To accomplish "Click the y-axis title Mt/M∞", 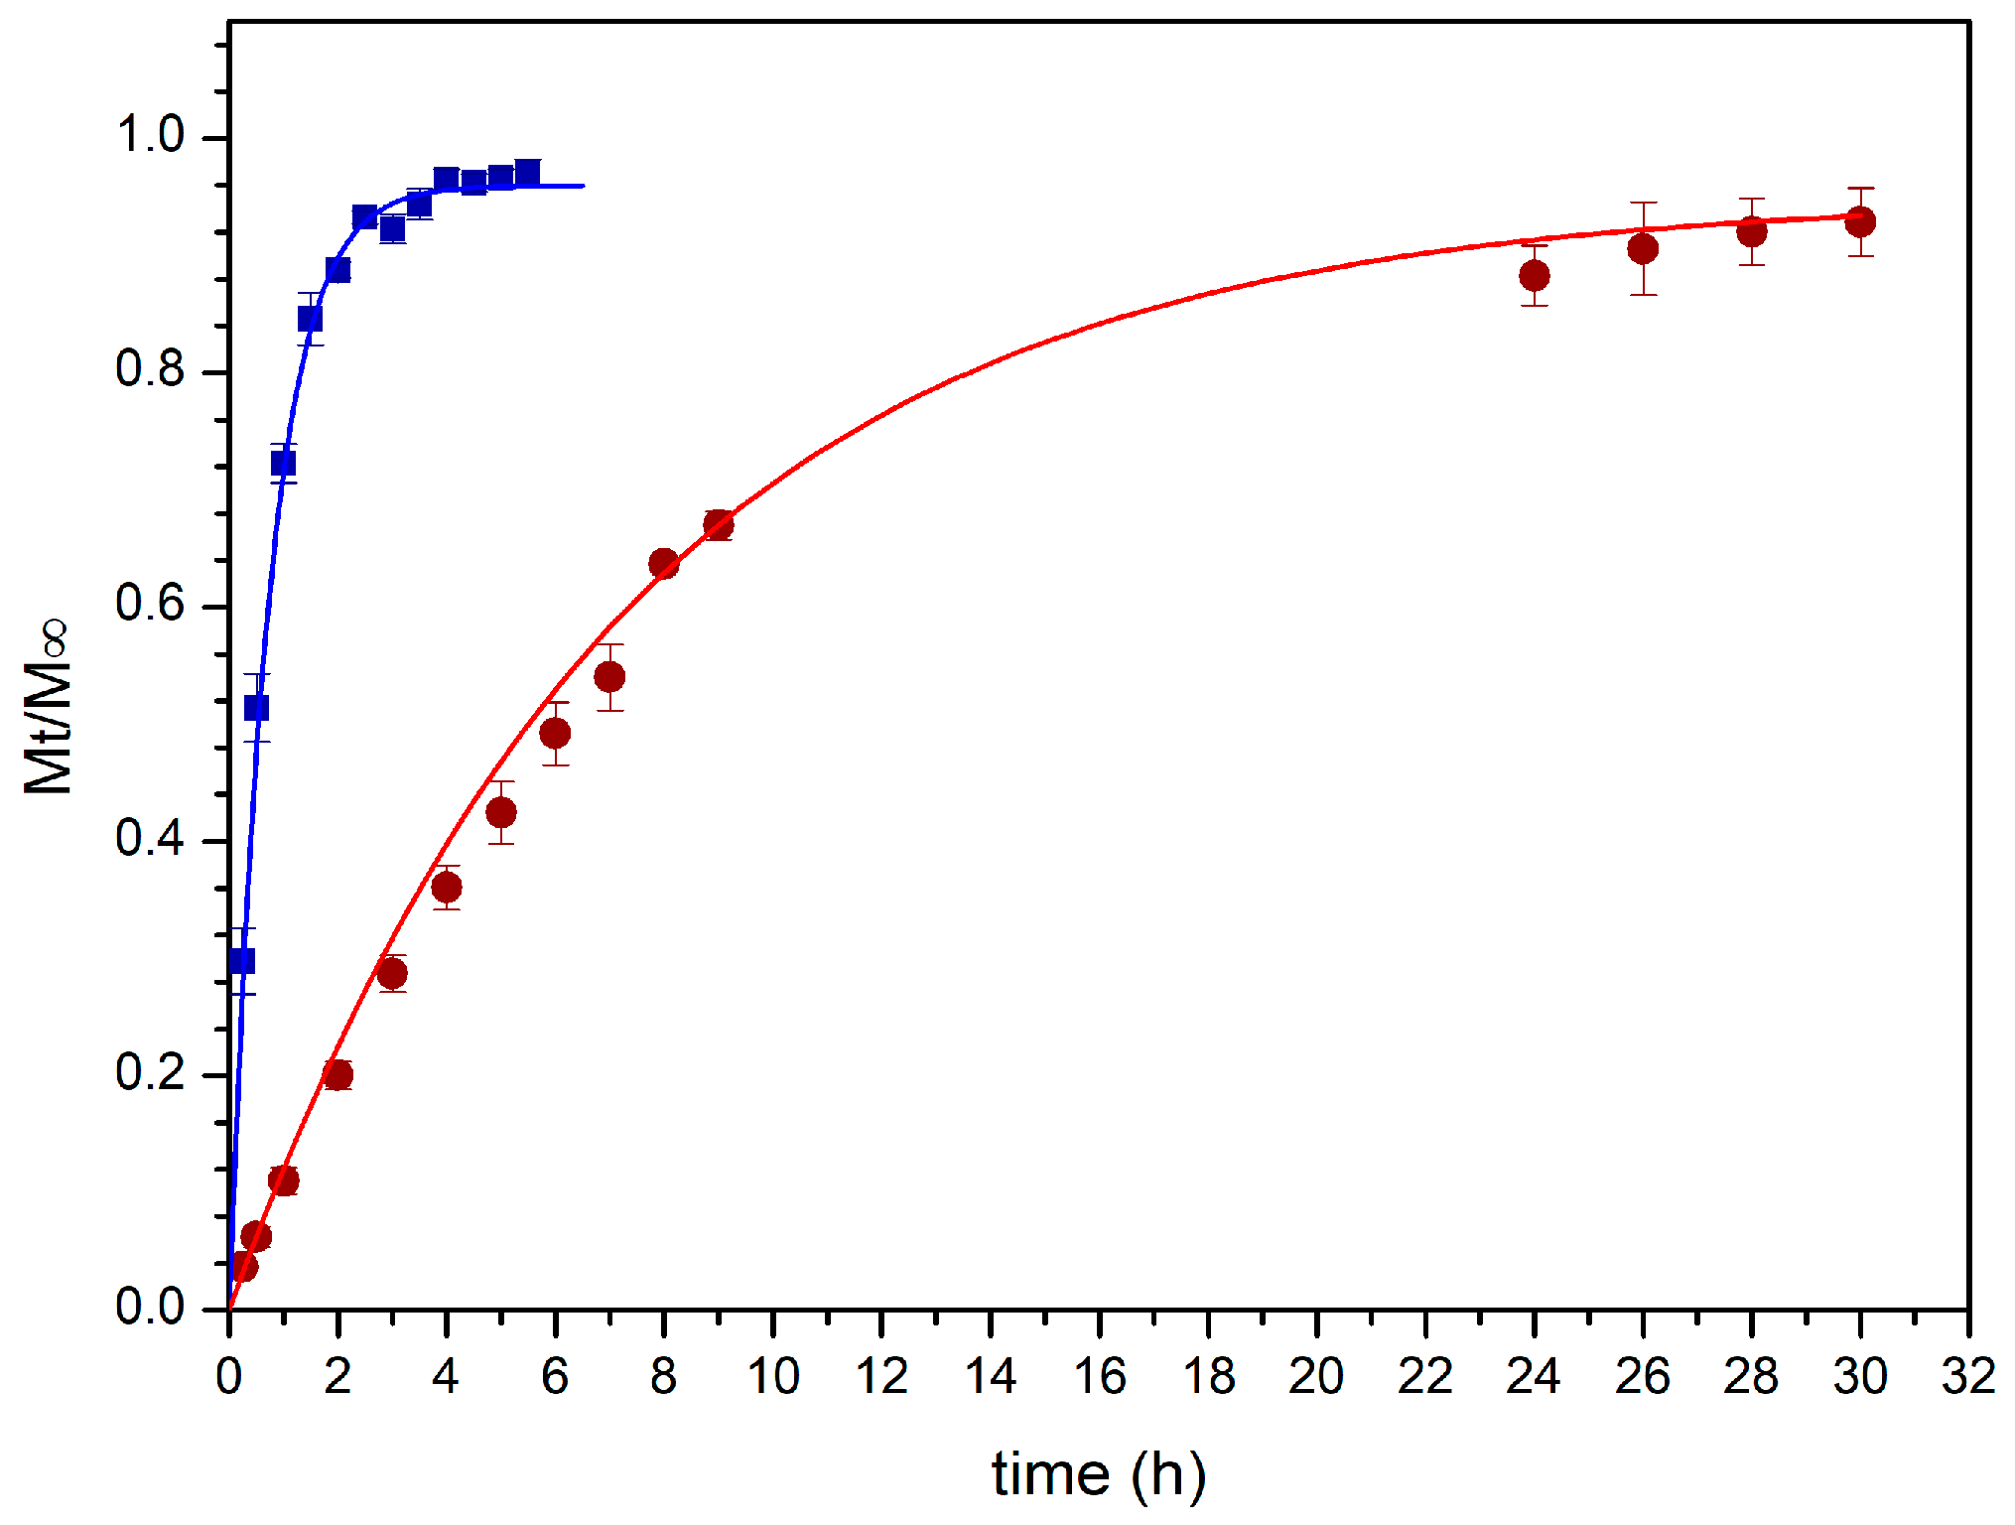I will pos(48,706).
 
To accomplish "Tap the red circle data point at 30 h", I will pos(1860,221).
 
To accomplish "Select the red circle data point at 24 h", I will pos(1535,275).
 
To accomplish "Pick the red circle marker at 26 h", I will pos(1643,248).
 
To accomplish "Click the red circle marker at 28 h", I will pos(1752,231).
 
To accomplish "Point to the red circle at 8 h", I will pos(664,564).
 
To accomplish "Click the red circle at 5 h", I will pos(501,812).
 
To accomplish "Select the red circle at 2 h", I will pos(337,1074).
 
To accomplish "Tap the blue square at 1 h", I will pos(283,463).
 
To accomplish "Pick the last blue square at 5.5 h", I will pos(528,173).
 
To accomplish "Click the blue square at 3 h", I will pos(392,229).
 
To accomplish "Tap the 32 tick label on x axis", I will pos(1968,1376).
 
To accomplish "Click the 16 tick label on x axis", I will pos(1099,1376).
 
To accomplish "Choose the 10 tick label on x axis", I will pos(772,1376).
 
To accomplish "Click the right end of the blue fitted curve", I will pos(582,186).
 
